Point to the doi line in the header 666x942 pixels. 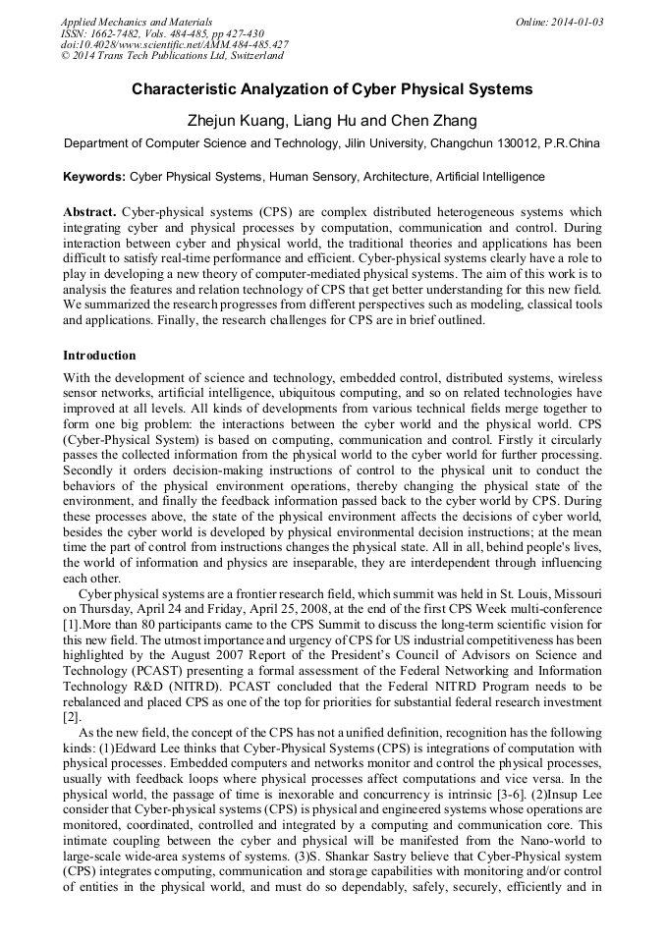[x=174, y=45]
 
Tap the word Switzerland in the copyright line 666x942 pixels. [x=249, y=57]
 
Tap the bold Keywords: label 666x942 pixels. [x=94, y=177]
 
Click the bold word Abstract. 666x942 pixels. [x=89, y=212]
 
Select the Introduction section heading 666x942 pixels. [x=99, y=356]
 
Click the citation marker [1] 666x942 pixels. [x=71, y=626]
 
